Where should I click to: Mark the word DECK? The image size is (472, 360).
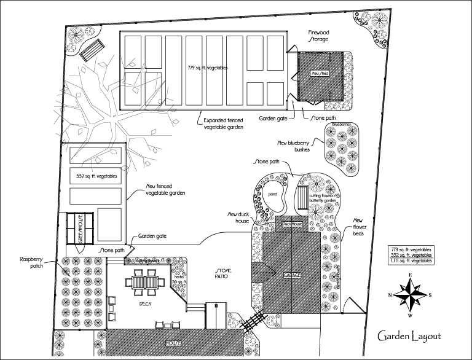coord(145,305)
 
